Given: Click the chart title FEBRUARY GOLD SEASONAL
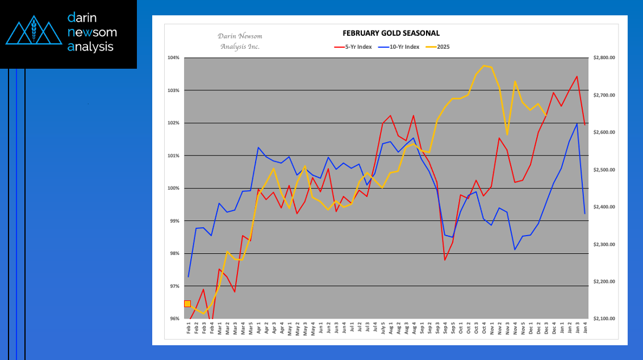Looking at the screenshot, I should (x=391, y=34).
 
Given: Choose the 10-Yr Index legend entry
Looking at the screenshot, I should (x=401, y=47).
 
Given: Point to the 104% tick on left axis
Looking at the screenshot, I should (x=174, y=58).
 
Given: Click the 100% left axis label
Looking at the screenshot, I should (x=174, y=189).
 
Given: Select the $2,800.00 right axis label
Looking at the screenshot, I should (x=604, y=58).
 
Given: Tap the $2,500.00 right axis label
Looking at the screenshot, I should (x=604, y=170).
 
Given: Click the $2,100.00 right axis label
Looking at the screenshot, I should (x=604, y=319).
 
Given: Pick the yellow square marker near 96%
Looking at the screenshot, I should (x=187, y=304).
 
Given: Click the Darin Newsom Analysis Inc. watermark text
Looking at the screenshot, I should (x=240, y=41).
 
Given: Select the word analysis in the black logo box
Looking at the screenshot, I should (x=90, y=47).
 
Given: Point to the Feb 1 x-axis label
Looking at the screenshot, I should (x=189, y=329).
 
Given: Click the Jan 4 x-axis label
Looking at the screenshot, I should (x=585, y=329).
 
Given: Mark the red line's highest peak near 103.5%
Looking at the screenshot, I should (x=577, y=76).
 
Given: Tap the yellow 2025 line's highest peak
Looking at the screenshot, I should (x=484, y=66).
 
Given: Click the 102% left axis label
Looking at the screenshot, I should (x=174, y=123).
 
